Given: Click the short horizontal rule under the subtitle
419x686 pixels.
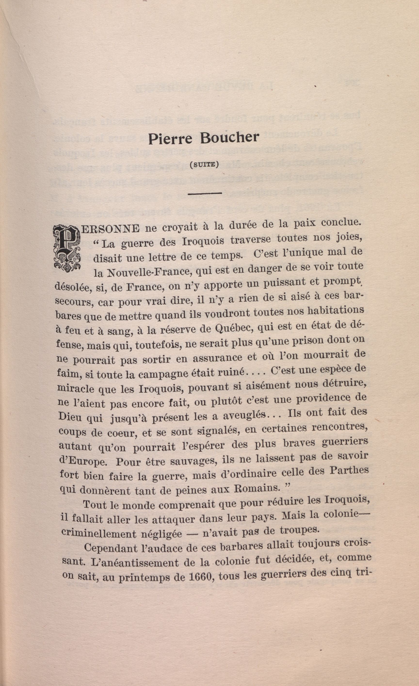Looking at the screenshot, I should click(205, 193).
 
